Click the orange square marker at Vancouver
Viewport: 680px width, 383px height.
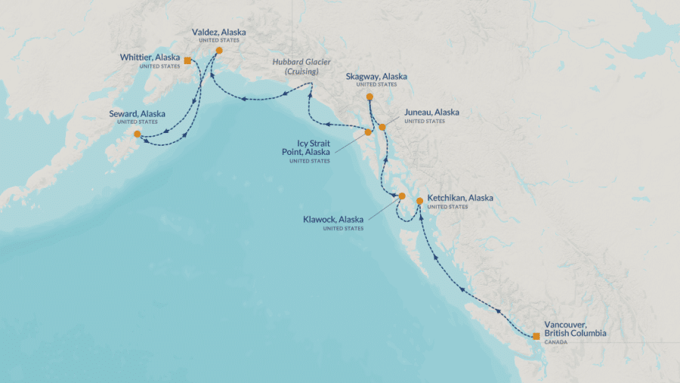point(536,335)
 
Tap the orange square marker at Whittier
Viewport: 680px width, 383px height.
point(187,60)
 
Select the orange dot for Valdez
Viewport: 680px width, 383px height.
point(219,51)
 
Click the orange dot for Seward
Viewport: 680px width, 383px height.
point(137,134)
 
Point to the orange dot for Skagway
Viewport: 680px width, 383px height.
point(369,97)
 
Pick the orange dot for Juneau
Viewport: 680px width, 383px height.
point(382,127)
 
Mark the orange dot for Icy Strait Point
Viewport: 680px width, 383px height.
point(368,132)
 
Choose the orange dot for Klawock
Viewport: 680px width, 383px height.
point(402,196)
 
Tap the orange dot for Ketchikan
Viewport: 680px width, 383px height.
point(419,201)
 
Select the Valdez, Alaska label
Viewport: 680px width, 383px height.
point(218,32)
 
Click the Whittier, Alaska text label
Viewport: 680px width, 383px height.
point(150,57)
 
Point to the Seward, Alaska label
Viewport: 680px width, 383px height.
point(138,114)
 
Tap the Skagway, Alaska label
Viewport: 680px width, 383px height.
point(376,76)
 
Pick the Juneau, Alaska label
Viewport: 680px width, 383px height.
point(431,113)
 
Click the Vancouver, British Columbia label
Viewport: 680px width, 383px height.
point(575,328)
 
